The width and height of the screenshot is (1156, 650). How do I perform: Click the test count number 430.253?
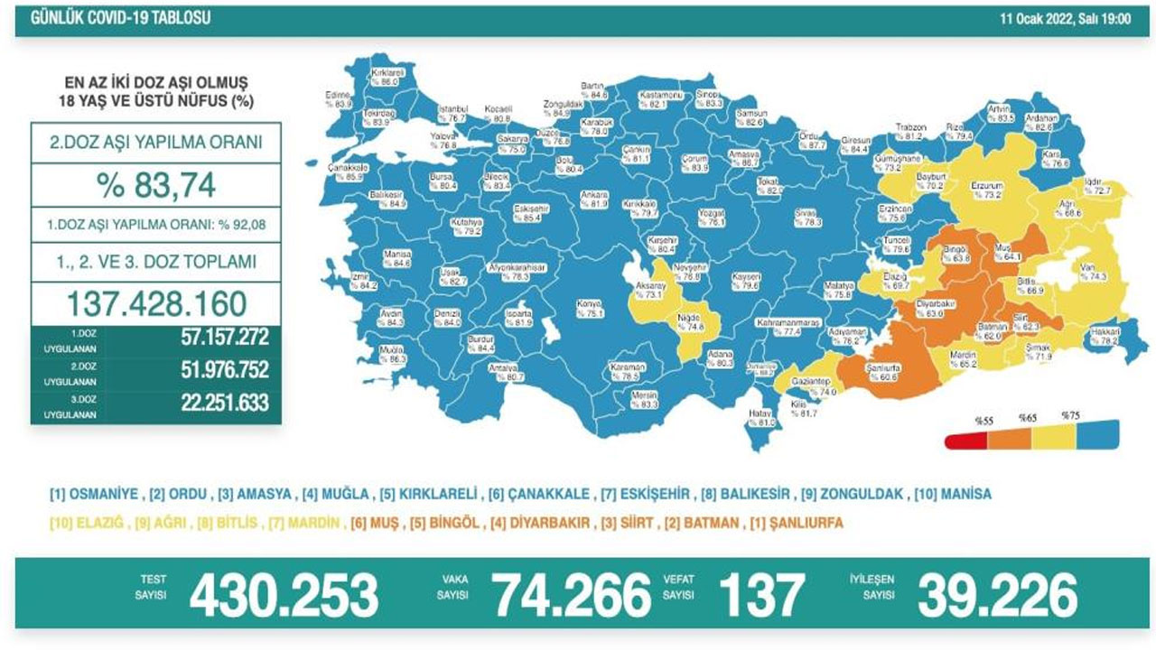(x=284, y=596)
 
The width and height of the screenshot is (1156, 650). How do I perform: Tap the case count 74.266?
(x=571, y=596)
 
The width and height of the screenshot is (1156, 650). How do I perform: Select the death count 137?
(x=760, y=596)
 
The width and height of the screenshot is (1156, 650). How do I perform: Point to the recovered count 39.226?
(x=997, y=596)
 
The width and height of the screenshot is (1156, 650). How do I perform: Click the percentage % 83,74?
(x=156, y=185)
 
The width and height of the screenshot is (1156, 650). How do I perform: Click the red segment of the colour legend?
(x=965, y=440)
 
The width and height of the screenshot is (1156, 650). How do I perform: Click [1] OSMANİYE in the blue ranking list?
(x=94, y=495)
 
